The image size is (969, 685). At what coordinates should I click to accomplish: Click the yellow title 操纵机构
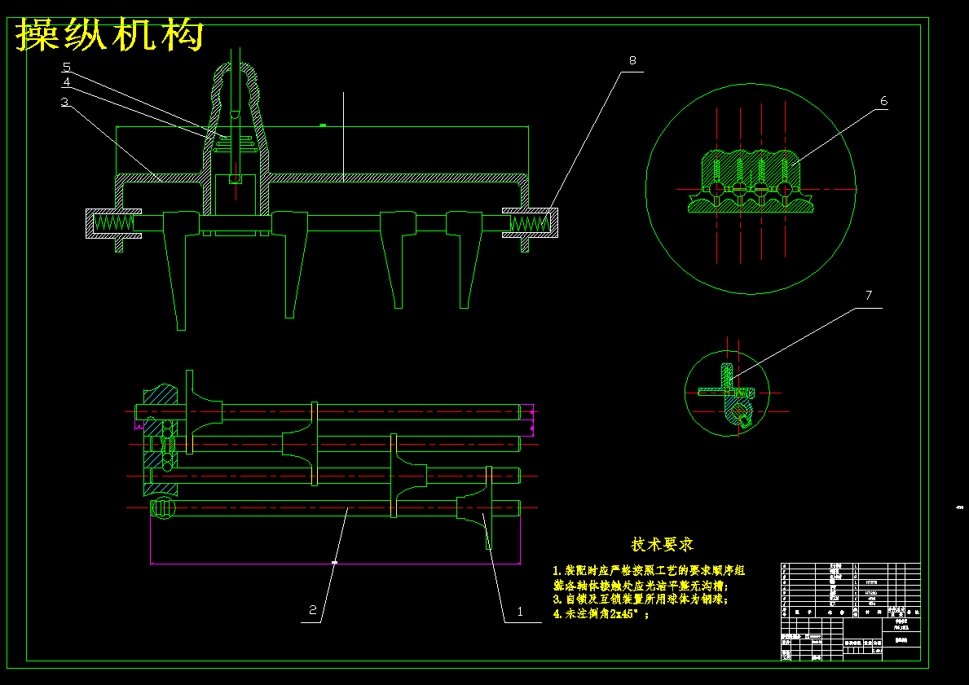click(110, 35)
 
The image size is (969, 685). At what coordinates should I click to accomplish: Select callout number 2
click(312, 609)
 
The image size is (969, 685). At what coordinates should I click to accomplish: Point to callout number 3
click(64, 102)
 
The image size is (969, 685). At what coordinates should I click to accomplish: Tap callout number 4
click(66, 81)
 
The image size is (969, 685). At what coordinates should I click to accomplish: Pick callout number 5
click(66, 66)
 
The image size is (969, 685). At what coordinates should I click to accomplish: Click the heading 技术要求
click(662, 544)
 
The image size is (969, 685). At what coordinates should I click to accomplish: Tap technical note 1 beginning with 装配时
click(649, 571)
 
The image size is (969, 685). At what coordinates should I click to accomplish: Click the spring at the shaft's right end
click(531, 221)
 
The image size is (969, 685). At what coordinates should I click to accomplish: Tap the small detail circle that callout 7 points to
click(727, 393)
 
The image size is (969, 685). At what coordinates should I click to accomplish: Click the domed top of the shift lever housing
click(236, 81)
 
